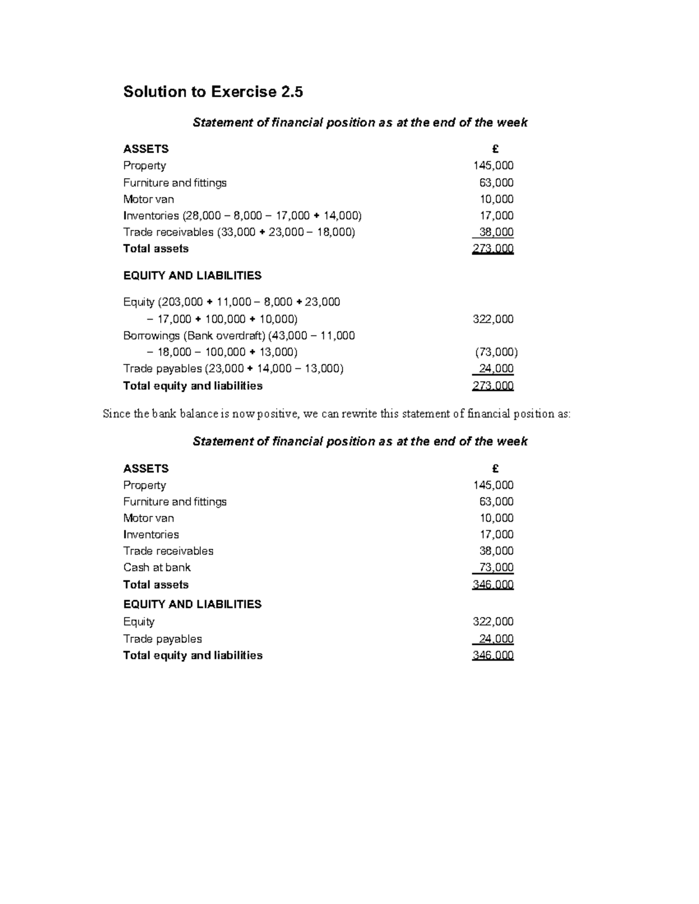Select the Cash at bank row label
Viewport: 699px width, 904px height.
tap(157, 568)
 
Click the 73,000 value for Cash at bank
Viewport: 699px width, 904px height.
tap(496, 568)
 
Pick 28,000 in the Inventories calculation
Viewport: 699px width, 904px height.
tap(202, 216)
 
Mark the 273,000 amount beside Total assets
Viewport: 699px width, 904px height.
tap(493, 249)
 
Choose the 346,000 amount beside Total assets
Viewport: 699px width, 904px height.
tap(493, 584)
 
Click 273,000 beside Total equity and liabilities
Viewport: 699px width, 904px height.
tap(493, 386)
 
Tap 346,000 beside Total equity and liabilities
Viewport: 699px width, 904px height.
tap(493, 655)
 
